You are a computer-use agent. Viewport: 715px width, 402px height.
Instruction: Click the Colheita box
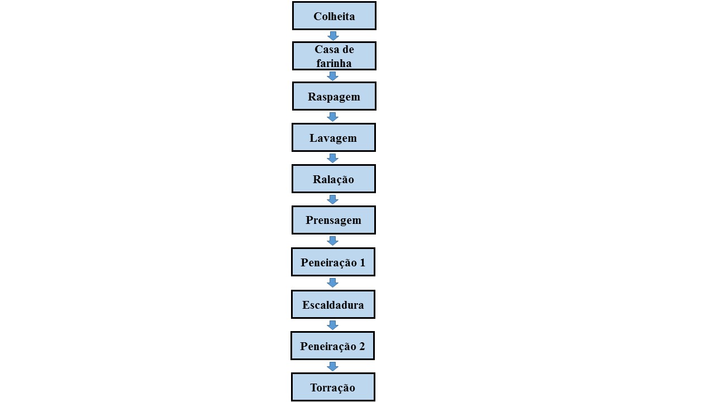click(334, 16)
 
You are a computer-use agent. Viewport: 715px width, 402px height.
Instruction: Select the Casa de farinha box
click(334, 56)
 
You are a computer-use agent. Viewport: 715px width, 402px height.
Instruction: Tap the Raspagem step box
click(334, 96)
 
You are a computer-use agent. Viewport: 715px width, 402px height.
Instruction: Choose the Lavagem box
click(333, 137)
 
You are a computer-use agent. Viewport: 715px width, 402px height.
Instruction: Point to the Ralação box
click(333, 179)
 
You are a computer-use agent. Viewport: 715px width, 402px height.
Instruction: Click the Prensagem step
click(333, 220)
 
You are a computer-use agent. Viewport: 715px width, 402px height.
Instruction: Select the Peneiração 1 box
click(333, 262)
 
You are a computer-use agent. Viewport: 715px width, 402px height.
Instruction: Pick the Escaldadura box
click(333, 304)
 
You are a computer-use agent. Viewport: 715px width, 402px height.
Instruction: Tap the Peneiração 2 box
click(332, 346)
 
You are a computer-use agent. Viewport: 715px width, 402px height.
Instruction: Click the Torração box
click(333, 387)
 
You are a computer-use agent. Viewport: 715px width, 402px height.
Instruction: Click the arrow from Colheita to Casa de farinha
click(333, 36)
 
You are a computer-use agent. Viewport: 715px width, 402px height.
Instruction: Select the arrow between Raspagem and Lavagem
click(332, 117)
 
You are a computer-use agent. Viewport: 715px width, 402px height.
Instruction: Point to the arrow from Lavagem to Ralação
click(332, 158)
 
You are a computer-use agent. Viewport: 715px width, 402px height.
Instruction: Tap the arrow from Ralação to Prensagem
click(332, 199)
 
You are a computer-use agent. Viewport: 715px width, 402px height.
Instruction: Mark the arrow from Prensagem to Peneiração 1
click(332, 241)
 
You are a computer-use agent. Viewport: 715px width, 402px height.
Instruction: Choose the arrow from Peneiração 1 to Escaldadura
click(332, 283)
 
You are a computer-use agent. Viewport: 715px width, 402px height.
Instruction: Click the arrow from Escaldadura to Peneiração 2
click(332, 325)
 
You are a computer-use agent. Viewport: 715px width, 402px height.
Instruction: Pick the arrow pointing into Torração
click(332, 366)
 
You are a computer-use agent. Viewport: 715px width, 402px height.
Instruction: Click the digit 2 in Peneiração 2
click(362, 346)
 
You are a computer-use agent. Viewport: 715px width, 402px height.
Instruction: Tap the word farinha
click(334, 63)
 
